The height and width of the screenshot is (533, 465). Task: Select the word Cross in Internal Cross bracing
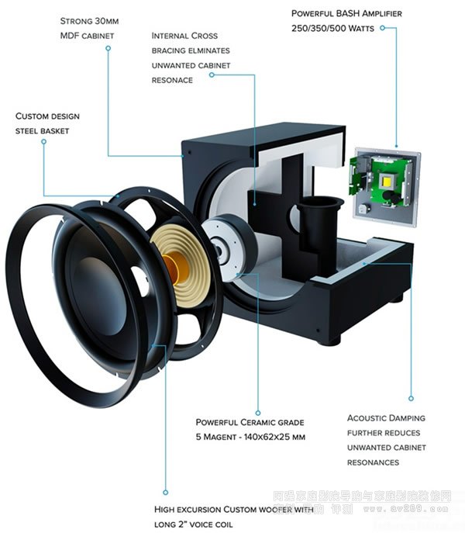(202, 36)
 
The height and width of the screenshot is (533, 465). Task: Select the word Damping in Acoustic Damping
(403, 418)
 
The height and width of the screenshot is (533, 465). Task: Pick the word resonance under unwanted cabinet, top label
(172, 80)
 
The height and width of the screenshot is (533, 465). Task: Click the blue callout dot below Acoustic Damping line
(411, 399)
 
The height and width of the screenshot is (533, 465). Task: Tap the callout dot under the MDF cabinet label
(108, 48)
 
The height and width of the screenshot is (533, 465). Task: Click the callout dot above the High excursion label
(165, 490)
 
